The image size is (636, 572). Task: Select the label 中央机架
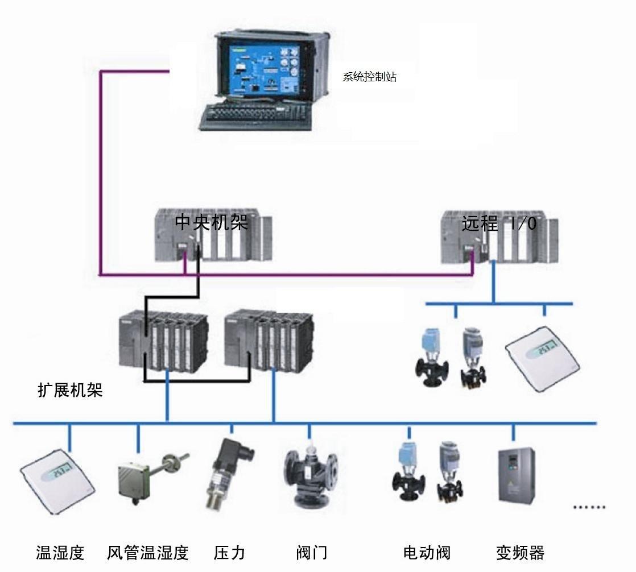point(211,222)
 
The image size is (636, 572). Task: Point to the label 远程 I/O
point(499,223)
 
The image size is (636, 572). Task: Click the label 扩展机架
point(70,390)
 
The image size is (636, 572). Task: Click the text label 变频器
point(520,552)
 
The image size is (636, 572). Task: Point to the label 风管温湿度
point(147,552)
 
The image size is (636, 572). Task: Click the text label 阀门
point(312,552)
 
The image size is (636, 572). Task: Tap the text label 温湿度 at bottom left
point(60,552)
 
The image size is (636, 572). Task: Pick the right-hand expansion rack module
point(269,339)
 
